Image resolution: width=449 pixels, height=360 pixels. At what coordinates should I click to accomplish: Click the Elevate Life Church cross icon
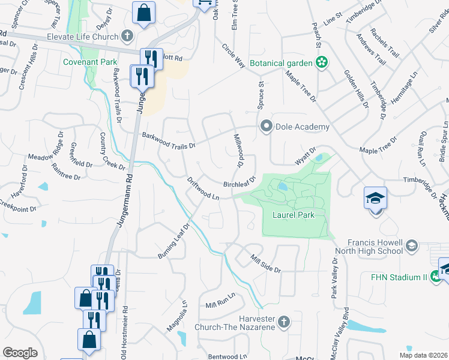127,36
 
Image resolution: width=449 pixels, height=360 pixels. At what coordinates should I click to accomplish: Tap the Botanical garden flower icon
322,62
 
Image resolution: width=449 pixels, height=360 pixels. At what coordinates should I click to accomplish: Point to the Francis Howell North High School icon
412,245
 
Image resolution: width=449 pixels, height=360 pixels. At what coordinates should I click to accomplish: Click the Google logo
20,353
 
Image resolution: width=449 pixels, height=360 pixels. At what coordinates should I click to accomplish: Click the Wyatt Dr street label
305,157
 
